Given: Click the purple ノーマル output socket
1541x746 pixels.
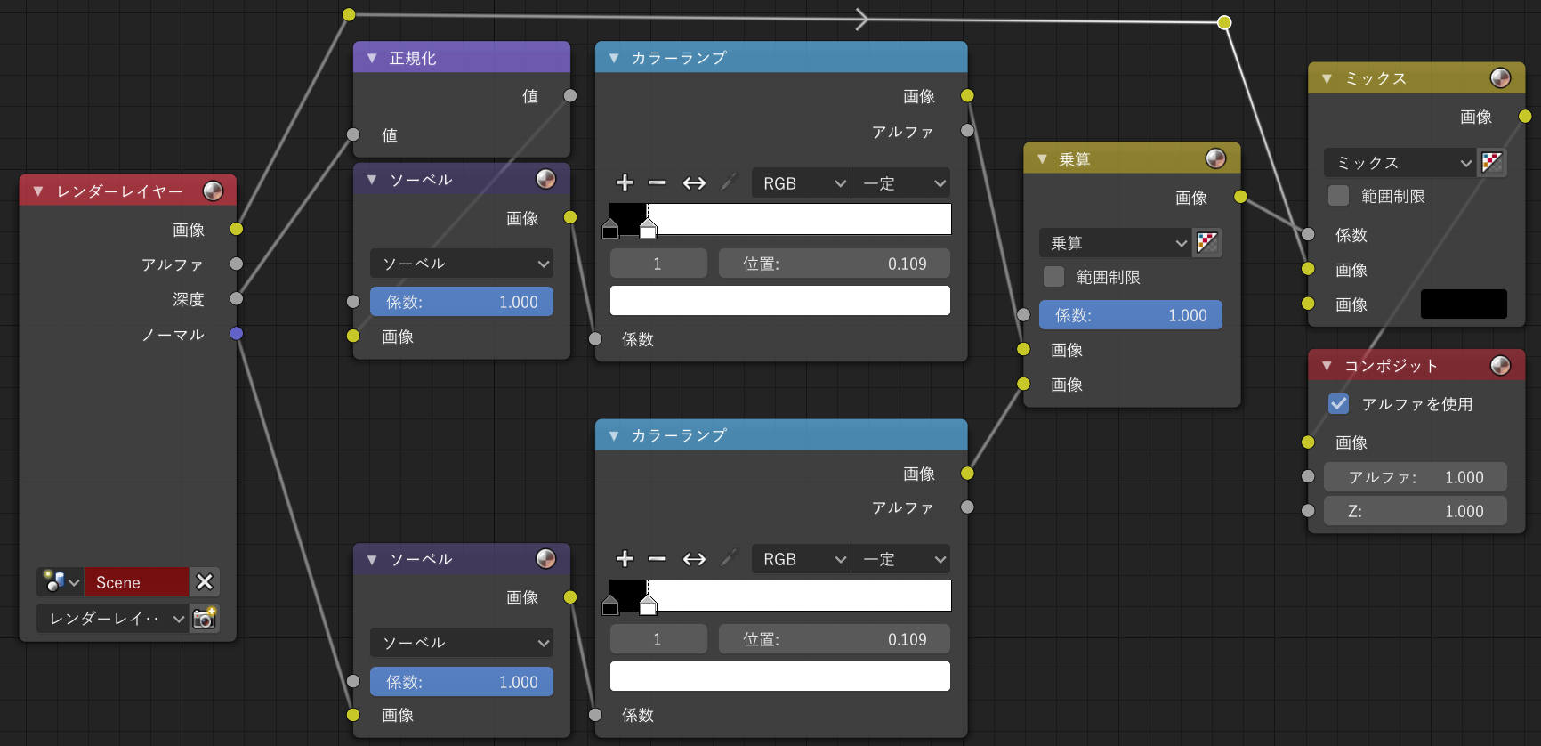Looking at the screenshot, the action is [x=236, y=334].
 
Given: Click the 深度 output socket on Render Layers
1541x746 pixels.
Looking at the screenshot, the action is [x=236, y=298].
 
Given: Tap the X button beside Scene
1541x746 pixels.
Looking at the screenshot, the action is [x=205, y=582].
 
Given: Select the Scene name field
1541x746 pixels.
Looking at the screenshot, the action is [x=136, y=582].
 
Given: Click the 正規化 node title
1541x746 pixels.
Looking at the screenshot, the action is [x=413, y=58].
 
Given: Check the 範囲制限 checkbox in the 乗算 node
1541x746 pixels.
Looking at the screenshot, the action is [x=1053, y=277].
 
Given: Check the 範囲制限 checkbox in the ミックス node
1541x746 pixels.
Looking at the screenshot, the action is [x=1338, y=196].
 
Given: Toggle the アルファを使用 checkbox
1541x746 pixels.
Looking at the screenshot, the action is [x=1338, y=404].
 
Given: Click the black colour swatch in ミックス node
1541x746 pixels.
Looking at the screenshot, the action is [x=1464, y=304].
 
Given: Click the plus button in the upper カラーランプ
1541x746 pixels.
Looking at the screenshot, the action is [x=625, y=182].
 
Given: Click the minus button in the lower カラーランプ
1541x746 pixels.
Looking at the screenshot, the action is [x=658, y=559].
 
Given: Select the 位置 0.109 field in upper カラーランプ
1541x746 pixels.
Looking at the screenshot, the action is [x=835, y=264].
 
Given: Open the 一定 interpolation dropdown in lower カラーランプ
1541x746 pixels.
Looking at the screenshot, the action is [x=900, y=559].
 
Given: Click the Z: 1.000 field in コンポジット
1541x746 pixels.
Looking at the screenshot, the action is [x=1416, y=511].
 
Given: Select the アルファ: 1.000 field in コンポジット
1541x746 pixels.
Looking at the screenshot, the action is [x=1416, y=477].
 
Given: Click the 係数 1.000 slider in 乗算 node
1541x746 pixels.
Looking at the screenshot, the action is [x=1131, y=315].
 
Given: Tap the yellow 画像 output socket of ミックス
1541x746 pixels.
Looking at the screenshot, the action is [x=1525, y=117].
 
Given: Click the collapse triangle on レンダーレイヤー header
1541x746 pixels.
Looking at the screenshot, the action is [x=38, y=191].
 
